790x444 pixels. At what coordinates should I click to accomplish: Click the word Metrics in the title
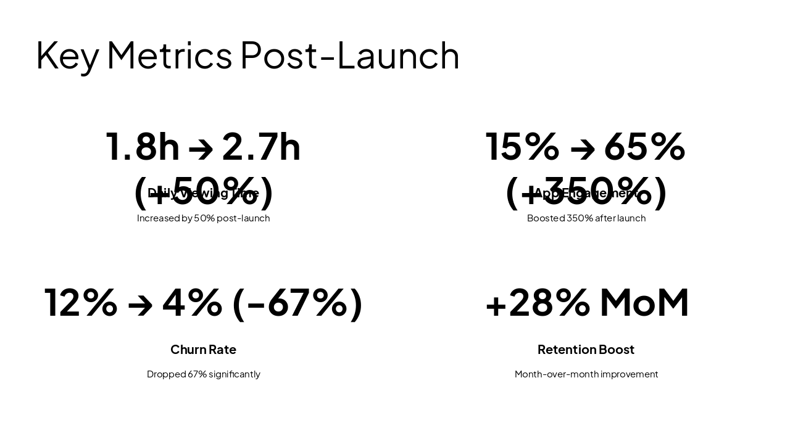click(169, 55)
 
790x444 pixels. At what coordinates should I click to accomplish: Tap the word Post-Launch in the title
click(349, 55)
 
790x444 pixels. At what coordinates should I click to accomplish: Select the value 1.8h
click(143, 147)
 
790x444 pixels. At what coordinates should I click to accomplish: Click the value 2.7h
click(261, 147)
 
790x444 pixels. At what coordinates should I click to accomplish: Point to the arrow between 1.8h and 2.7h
click(201, 148)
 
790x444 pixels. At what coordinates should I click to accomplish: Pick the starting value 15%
click(522, 147)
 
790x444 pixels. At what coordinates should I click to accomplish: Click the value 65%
click(644, 147)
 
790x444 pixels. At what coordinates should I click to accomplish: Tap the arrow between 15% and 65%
click(582, 148)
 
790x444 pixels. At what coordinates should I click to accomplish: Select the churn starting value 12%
click(81, 303)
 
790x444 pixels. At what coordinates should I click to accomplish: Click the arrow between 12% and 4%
click(140, 305)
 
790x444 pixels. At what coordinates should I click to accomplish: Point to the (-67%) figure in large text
click(297, 303)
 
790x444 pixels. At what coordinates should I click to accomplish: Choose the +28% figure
click(538, 303)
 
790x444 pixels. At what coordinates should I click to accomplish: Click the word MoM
click(644, 303)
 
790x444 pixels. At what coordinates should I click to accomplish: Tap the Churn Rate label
click(203, 350)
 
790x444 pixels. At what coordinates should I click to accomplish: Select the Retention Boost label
click(586, 350)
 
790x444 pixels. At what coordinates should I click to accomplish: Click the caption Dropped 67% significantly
click(203, 374)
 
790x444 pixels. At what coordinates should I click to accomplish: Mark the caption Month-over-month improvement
click(586, 374)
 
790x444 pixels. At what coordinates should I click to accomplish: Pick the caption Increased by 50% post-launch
click(203, 218)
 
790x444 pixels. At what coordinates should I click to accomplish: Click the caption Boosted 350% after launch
click(586, 218)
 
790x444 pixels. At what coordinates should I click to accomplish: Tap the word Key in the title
click(67, 55)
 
